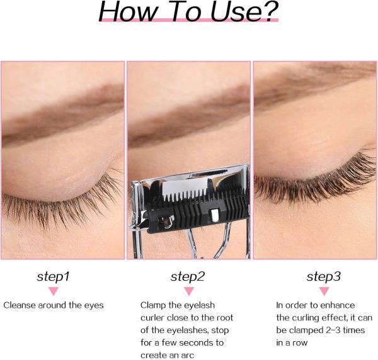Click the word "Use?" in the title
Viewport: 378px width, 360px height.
[x=244, y=11]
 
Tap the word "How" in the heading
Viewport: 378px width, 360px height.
[x=129, y=11]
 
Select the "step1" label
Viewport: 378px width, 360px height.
[x=54, y=276]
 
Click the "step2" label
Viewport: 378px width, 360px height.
[x=188, y=276]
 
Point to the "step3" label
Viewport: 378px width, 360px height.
[x=324, y=276]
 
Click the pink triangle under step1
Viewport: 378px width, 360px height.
[x=54, y=291]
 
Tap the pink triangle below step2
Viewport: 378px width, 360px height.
[x=189, y=291]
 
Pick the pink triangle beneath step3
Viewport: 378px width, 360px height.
[x=324, y=291]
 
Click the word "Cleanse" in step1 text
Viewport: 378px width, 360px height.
[x=20, y=305]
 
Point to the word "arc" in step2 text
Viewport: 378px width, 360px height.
[x=187, y=355]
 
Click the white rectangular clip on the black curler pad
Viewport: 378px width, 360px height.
[x=214, y=215]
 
